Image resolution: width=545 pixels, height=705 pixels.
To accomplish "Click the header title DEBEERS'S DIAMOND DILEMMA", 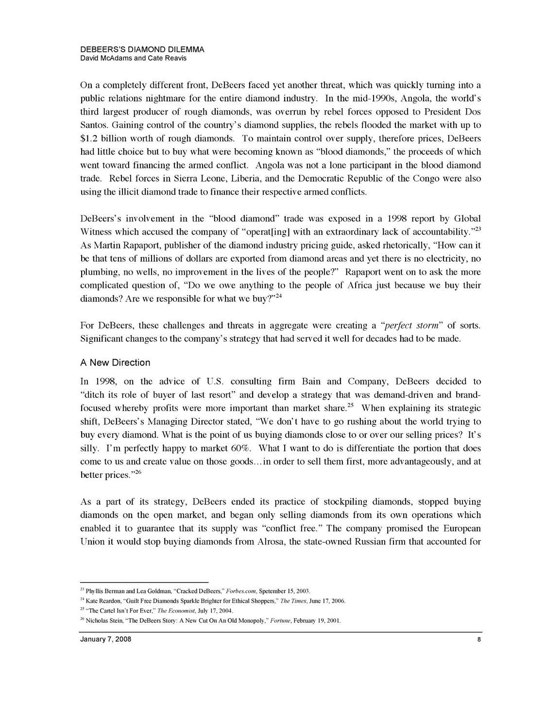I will coord(142,50).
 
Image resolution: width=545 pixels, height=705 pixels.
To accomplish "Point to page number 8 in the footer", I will coord(478,639).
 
